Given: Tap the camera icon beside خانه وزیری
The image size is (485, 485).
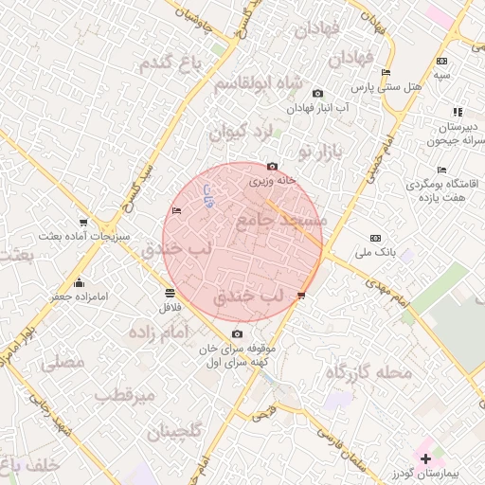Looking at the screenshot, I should (x=273, y=166).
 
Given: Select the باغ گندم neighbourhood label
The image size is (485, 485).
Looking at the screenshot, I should (x=171, y=63).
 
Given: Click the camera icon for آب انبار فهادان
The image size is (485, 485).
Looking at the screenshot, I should (x=317, y=93).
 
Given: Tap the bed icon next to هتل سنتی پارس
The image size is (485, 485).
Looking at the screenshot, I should (x=385, y=73).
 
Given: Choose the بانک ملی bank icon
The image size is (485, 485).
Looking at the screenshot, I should (x=376, y=238).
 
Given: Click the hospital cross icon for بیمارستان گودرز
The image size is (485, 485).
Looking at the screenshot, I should (x=425, y=458).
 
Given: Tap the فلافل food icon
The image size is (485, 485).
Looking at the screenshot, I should (x=169, y=292).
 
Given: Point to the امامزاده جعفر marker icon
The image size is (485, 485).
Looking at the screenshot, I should (x=79, y=281).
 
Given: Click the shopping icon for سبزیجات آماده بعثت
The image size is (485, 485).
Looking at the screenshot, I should (x=84, y=223).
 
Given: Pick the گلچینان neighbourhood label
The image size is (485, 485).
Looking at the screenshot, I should (x=174, y=432).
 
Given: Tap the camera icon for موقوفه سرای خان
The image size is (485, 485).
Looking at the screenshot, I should (x=237, y=333).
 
